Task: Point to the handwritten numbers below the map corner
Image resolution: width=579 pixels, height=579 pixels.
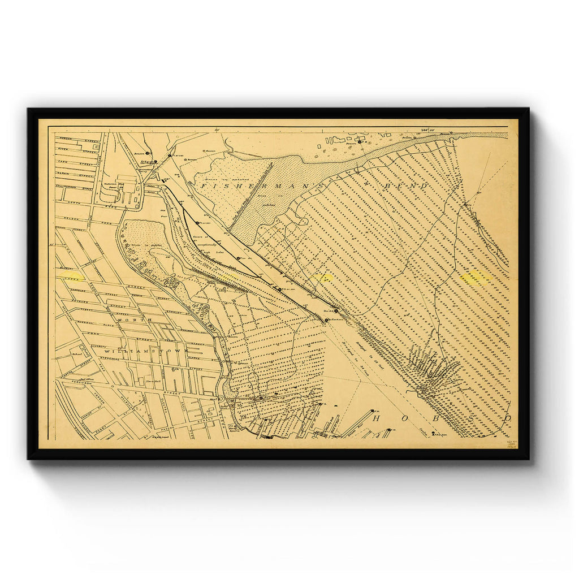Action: (x=514, y=445)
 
